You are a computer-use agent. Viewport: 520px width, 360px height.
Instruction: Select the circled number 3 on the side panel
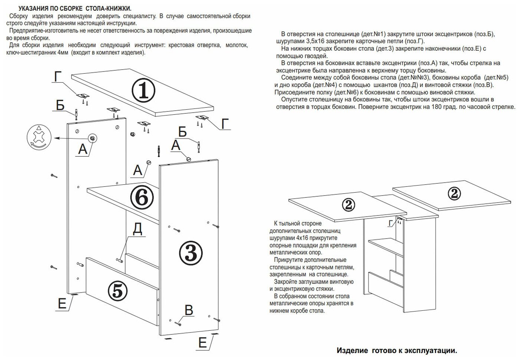click(x=191, y=253)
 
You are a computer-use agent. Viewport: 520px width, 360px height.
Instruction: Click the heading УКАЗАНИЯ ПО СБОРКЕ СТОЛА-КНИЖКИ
click(x=75, y=8)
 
